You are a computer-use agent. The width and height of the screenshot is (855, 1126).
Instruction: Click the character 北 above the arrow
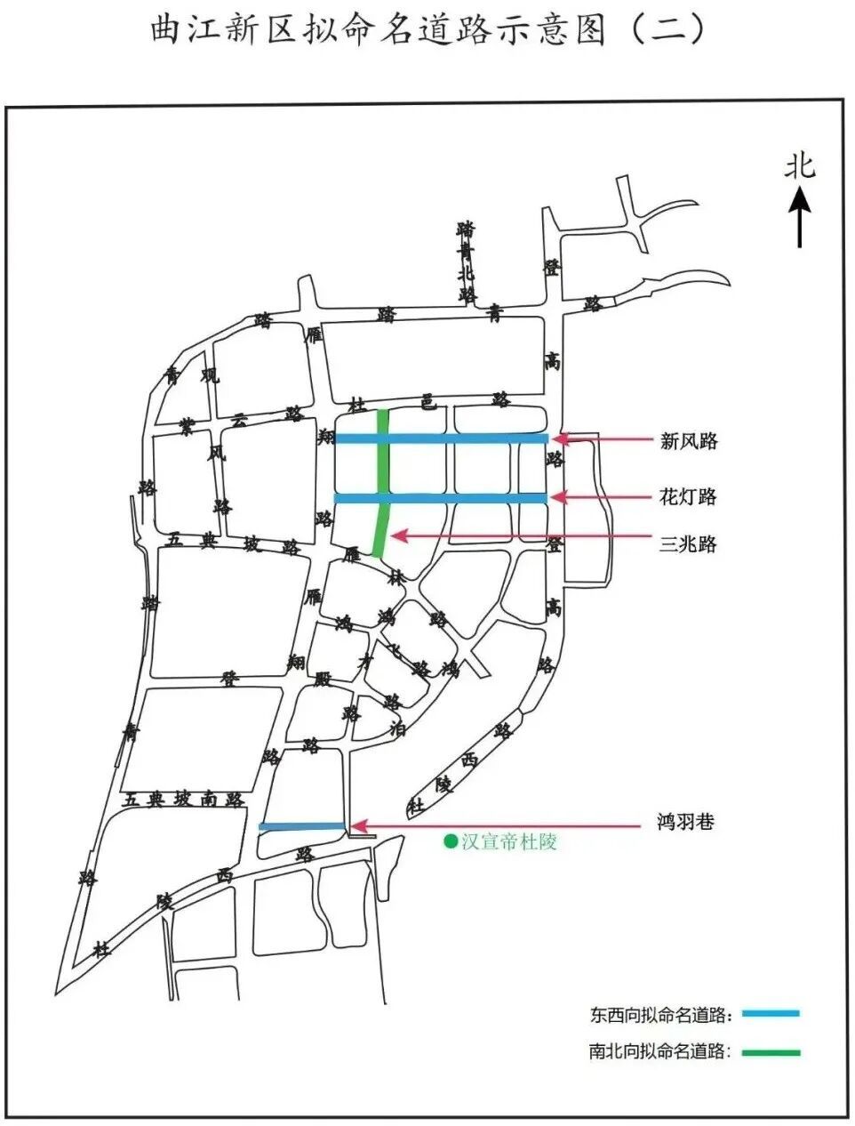(799, 166)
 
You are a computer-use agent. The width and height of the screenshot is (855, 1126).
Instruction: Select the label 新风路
(688, 440)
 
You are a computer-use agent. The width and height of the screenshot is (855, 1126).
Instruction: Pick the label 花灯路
(688, 496)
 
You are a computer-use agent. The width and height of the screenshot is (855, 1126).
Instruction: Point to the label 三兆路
(688, 544)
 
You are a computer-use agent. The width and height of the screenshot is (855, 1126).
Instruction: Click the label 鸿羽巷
(685, 823)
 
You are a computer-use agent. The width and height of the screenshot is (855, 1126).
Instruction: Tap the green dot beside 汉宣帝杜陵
(451, 840)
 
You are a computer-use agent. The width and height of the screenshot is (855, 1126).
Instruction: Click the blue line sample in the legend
(770, 1013)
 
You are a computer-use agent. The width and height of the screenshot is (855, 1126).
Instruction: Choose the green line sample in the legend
(770, 1052)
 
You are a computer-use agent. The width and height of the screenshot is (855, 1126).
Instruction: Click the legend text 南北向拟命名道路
(659, 1052)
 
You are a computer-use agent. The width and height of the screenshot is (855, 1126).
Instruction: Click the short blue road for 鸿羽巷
(302, 827)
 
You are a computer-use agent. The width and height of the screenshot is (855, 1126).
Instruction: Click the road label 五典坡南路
(184, 800)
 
